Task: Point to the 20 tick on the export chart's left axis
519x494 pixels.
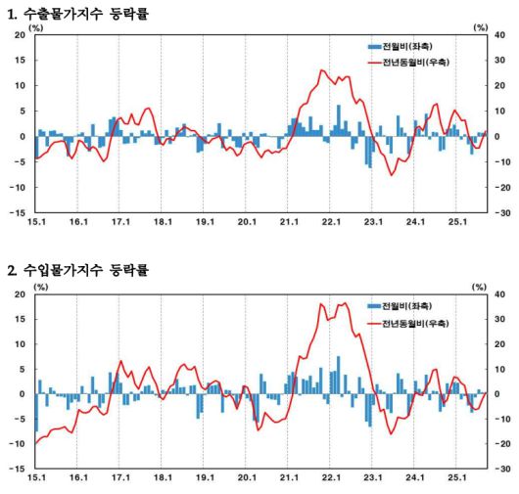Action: point(20,35)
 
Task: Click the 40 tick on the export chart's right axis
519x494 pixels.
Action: point(499,35)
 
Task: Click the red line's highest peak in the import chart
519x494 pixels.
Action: point(345,303)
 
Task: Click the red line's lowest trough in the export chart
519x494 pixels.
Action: point(392,174)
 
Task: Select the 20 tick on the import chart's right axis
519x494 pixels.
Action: point(499,344)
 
